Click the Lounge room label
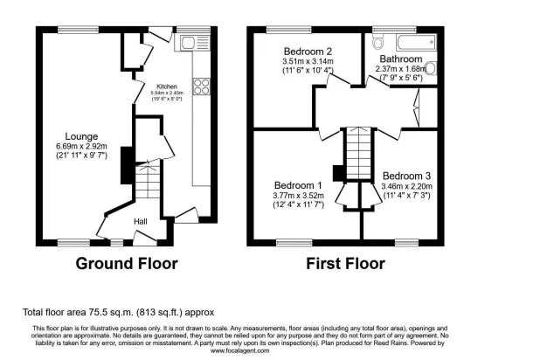click(x=78, y=135)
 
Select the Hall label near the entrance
click(x=141, y=222)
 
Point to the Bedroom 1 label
click(x=298, y=185)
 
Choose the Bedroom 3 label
click(x=406, y=175)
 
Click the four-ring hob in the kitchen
click(x=200, y=86)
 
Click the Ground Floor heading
click(x=127, y=263)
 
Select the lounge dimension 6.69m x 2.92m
click(x=78, y=146)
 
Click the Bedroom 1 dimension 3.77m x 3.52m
click(x=299, y=196)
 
